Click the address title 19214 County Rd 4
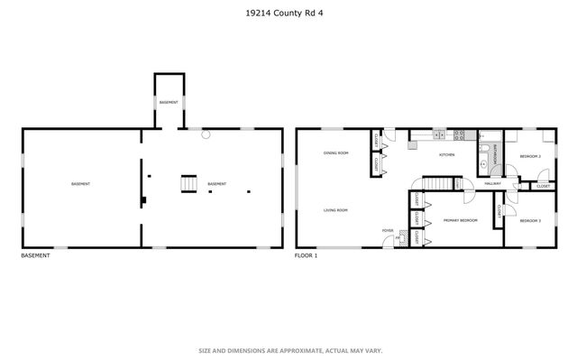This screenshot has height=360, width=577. tap(288, 13)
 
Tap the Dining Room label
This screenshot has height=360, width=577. tap(336, 153)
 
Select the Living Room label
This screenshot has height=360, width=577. tap(336, 210)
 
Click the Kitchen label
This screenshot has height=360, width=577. tap(446, 154)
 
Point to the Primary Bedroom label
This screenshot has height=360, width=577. tap(460, 220)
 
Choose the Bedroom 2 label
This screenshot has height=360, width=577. tap(530, 157)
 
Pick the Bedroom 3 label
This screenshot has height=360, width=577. tap(530, 220)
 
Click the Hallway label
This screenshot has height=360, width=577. tap(492, 183)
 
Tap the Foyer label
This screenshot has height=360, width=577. tap(388, 231)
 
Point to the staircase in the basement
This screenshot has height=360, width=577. tap(188, 183)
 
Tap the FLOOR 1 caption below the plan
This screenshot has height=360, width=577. tap(307, 255)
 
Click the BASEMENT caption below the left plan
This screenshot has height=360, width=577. tap(35, 255)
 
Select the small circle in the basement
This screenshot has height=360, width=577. tap(206, 134)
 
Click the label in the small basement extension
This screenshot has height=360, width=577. tap(169, 103)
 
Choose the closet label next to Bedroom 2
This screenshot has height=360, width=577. tap(543, 186)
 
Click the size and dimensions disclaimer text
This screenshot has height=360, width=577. tap(288, 350)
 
